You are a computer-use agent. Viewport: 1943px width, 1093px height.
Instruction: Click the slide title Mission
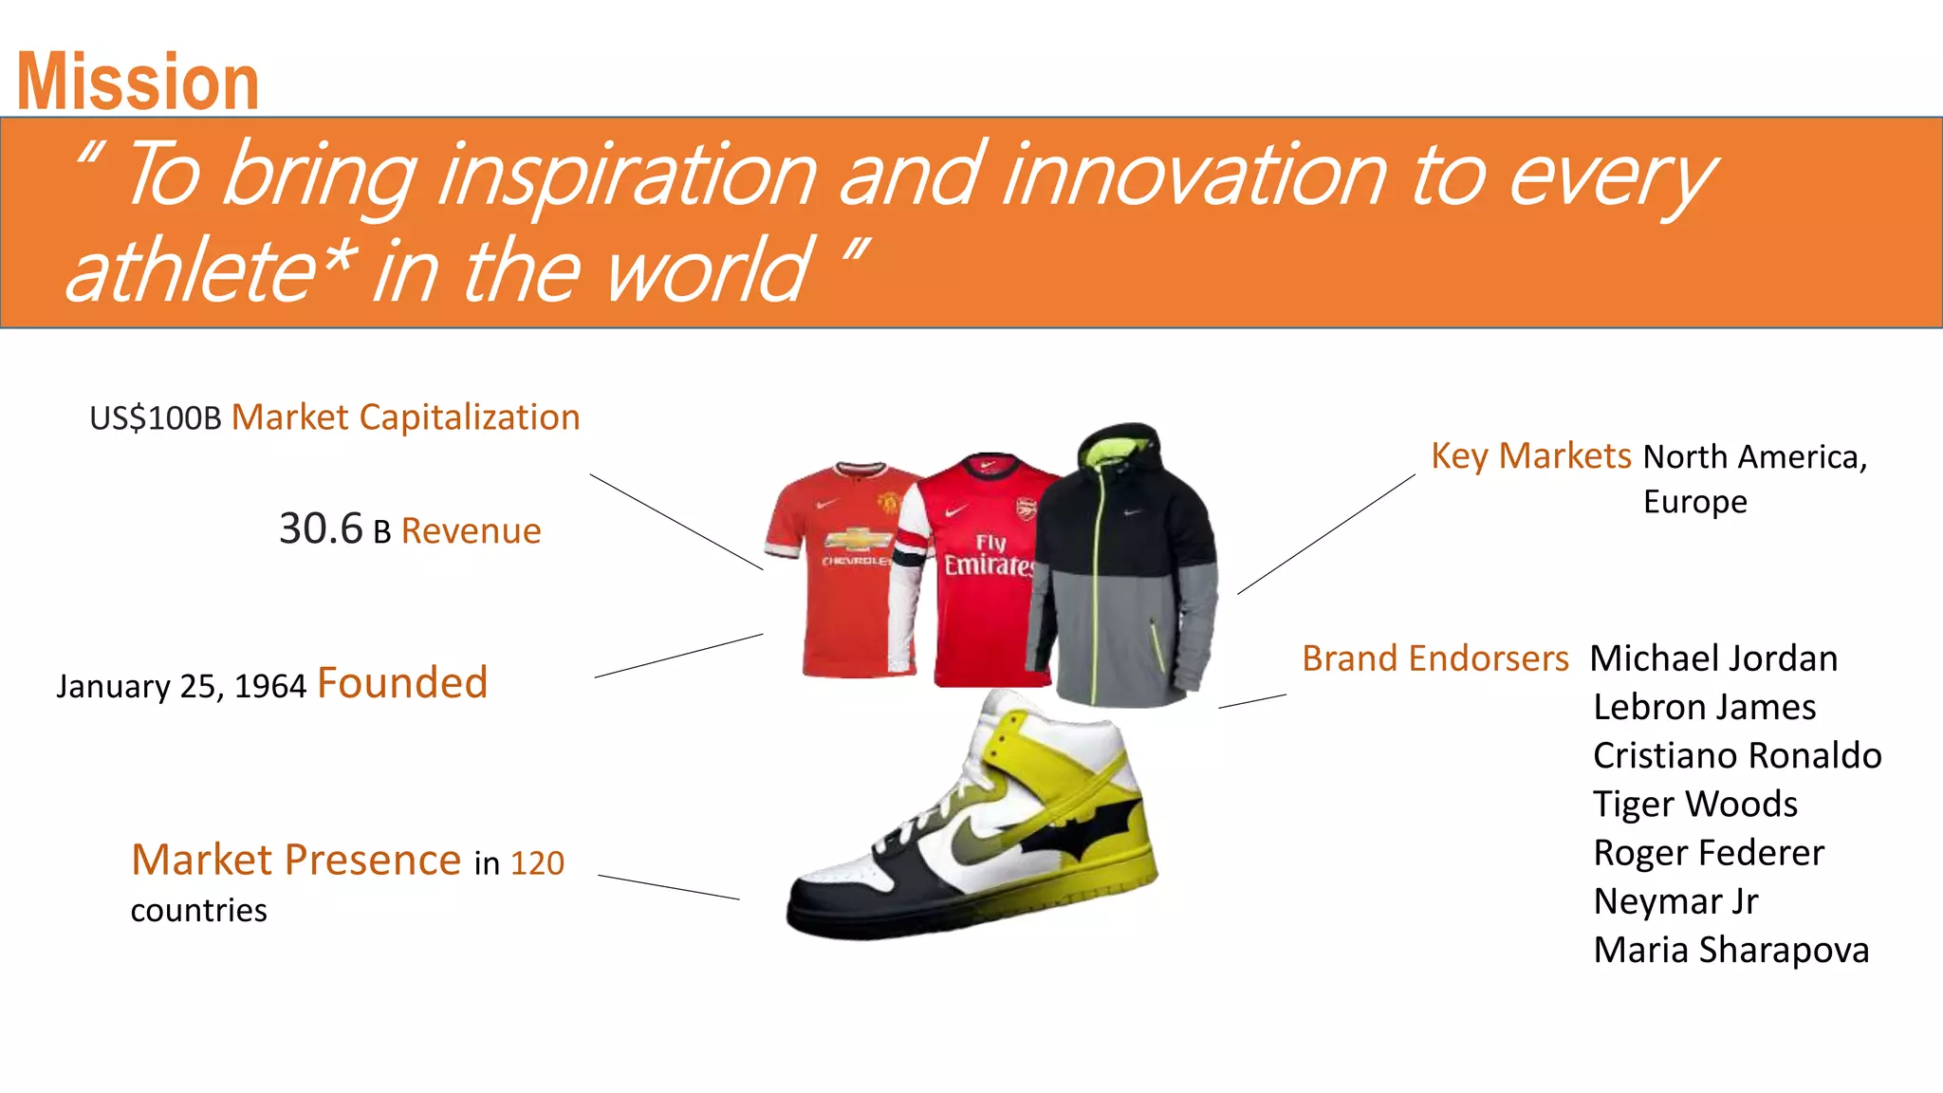click(x=138, y=83)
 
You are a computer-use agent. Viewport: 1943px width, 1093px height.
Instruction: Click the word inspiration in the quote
click(x=627, y=175)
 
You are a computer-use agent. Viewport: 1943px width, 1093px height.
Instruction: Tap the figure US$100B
click(x=155, y=418)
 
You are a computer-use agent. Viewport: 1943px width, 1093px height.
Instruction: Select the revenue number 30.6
click(x=321, y=528)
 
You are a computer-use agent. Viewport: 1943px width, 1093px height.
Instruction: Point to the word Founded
click(x=402, y=683)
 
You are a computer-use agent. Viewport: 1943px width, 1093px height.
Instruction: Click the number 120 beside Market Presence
click(x=537, y=863)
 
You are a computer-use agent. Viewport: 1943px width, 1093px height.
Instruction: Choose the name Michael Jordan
click(x=1713, y=658)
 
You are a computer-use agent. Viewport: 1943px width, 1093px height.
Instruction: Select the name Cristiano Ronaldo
click(x=1736, y=756)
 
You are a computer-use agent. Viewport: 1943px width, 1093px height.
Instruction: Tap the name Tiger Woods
click(x=1694, y=805)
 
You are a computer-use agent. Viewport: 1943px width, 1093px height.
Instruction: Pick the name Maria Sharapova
click(x=1730, y=950)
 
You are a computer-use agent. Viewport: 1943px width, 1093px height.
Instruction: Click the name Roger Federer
click(x=1708, y=853)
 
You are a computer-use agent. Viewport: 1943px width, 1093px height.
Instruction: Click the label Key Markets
click(x=1530, y=456)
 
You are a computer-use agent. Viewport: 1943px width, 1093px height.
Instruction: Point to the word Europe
click(x=1694, y=502)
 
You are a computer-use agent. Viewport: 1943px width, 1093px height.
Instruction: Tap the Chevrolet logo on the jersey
click(x=857, y=541)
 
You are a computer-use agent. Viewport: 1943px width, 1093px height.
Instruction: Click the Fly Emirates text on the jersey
click(x=990, y=556)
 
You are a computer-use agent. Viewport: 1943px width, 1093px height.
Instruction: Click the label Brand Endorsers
click(x=1434, y=658)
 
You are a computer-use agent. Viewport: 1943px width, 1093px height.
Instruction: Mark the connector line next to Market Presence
click(x=668, y=887)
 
